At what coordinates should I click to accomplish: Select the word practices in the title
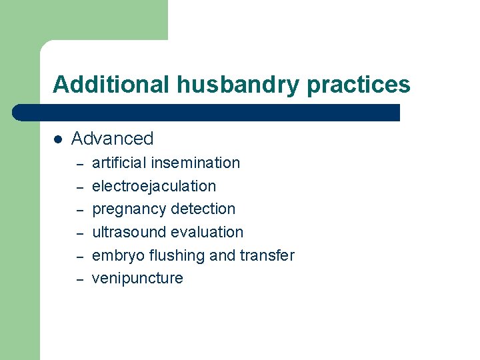(x=361, y=85)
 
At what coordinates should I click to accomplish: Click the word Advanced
(x=112, y=139)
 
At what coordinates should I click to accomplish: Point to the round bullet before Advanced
(x=58, y=139)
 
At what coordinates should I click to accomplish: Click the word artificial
(x=119, y=163)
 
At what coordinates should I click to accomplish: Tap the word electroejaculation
(x=154, y=186)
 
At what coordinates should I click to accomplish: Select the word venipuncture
(x=137, y=279)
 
